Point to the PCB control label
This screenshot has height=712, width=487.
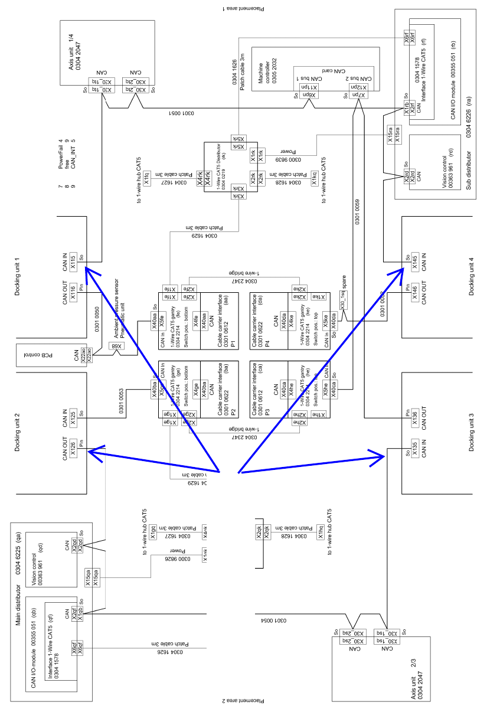[43, 355]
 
